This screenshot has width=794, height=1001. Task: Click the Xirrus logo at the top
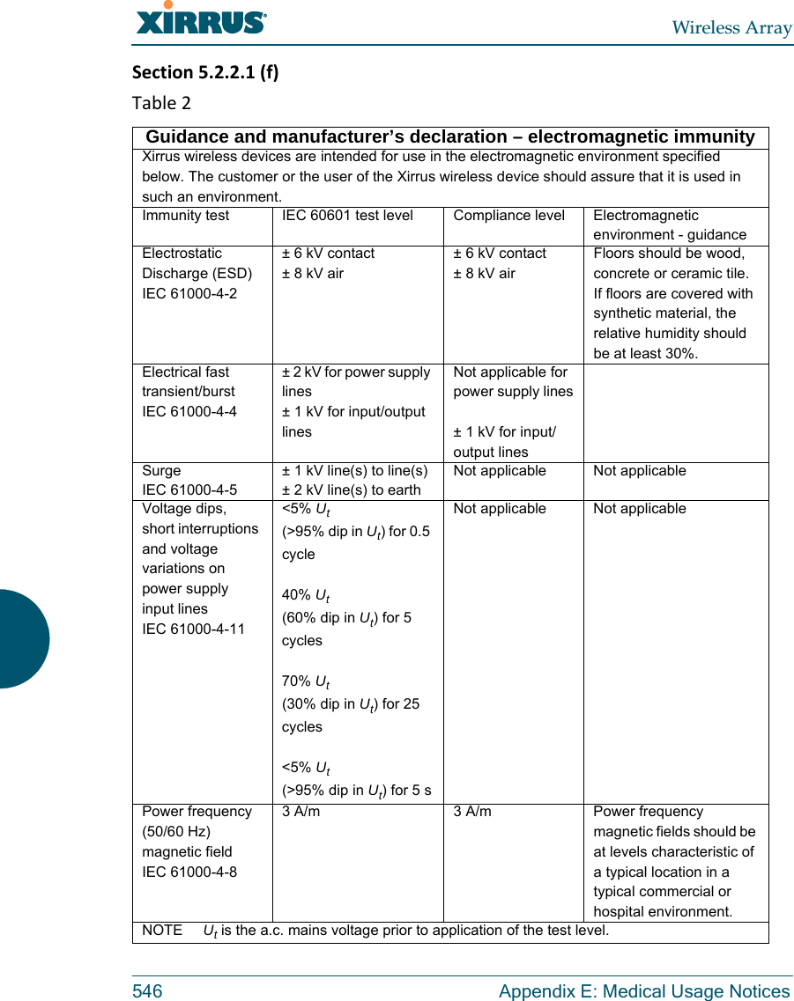point(201,20)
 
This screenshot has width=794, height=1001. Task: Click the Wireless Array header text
point(731,27)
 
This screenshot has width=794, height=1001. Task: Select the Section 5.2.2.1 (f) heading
point(205,71)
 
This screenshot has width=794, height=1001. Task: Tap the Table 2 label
point(161,103)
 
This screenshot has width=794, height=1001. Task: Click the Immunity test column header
point(186,216)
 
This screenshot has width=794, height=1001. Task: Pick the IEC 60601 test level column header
point(347,216)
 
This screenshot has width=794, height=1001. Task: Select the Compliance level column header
point(508,216)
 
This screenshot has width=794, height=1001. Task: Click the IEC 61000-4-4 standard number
point(189,411)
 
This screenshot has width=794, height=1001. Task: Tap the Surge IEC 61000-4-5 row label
point(189,481)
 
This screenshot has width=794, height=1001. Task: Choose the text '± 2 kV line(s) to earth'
point(351,490)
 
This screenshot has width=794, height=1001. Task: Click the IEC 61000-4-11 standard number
point(194,629)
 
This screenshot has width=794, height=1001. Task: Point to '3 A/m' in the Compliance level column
point(472,812)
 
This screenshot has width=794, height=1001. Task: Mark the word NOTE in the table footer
point(162,931)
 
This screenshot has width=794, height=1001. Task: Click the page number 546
point(147,991)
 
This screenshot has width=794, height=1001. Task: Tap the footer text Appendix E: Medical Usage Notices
point(644,991)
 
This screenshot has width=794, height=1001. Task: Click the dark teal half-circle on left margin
point(22,638)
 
